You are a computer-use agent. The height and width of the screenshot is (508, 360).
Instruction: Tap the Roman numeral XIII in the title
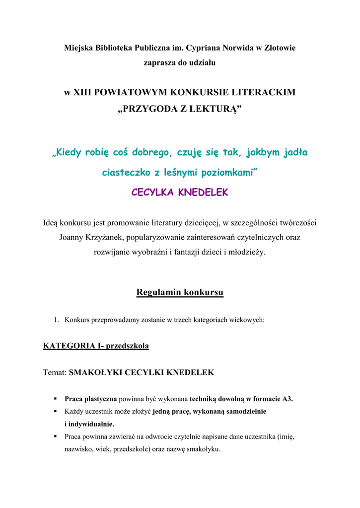click(x=84, y=92)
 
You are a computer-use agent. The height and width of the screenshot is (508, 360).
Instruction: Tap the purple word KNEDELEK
click(x=203, y=192)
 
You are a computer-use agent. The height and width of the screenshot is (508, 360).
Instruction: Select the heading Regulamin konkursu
click(x=180, y=292)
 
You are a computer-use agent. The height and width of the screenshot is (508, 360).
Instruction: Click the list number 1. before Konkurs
click(x=57, y=320)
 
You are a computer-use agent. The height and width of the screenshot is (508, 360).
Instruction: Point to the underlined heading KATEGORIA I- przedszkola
click(x=96, y=346)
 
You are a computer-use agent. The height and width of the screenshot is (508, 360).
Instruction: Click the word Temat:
click(x=55, y=372)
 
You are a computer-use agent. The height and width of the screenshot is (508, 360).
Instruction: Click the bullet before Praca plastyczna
click(x=56, y=399)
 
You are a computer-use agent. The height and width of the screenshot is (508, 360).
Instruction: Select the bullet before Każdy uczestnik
click(x=56, y=411)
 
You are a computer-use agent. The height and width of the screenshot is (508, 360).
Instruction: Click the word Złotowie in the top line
click(x=280, y=48)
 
